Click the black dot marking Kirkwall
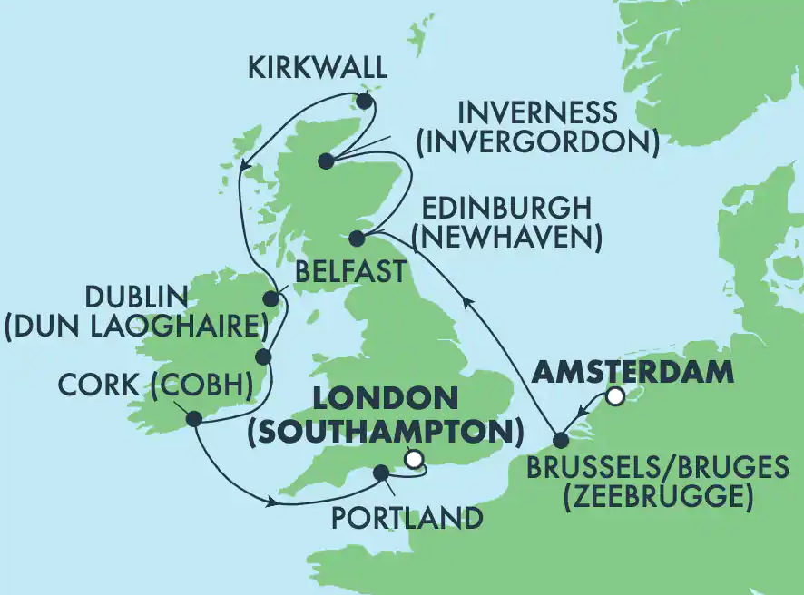point(367,101)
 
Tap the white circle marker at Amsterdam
point(616,395)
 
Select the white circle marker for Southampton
point(415,459)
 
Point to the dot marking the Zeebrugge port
point(561,440)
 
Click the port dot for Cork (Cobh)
point(193,418)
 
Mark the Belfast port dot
point(270,298)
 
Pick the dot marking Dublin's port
point(263,356)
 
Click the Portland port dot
point(381,472)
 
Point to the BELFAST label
point(351,270)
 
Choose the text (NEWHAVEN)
point(507,238)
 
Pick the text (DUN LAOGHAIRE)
point(130,326)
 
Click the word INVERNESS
point(538,113)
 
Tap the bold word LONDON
point(386,398)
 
